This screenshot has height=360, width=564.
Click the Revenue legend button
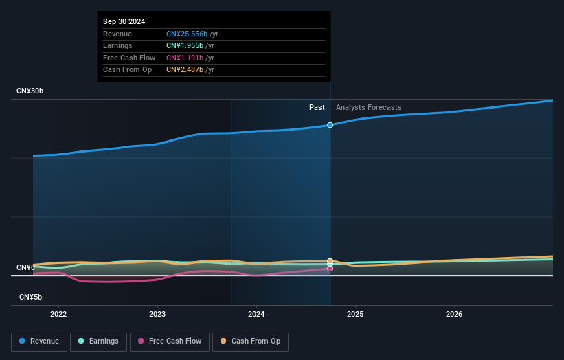click(x=39, y=341)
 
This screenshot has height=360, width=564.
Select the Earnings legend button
click(x=98, y=341)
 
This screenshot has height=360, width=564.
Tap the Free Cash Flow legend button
click(x=169, y=341)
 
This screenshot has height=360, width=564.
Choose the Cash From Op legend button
click(x=250, y=341)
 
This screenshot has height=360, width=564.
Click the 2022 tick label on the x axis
click(x=58, y=315)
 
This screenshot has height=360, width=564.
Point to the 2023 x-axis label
click(x=157, y=315)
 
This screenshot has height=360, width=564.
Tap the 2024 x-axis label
click(x=256, y=315)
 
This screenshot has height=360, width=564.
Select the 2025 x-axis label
click(x=355, y=315)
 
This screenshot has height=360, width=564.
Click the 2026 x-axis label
click(x=454, y=315)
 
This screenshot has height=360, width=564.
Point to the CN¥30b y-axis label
click(x=31, y=91)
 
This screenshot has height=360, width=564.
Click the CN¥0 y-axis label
click(x=26, y=267)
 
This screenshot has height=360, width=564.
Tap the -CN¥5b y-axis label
click(x=30, y=297)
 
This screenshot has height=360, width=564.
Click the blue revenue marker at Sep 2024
click(x=330, y=125)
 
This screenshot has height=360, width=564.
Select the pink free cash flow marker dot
click(x=330, y=269)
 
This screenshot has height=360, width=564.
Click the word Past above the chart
click(x=317, y=107)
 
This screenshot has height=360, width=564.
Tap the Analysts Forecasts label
click(x=368, y=107)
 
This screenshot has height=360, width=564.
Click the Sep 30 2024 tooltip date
click(x=125, y=22)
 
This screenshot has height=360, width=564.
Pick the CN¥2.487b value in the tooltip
click(x=185, y=69)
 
